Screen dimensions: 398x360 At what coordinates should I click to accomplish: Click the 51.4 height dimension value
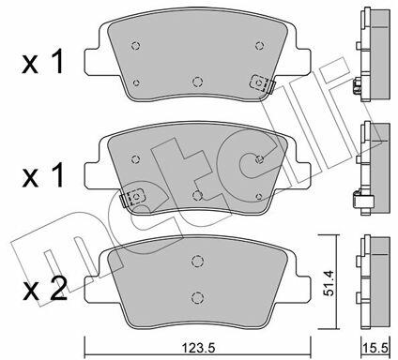tap(329, 284)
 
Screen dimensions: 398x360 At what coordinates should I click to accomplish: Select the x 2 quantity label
tap(44, 290)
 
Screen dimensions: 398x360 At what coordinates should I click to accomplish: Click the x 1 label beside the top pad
tap(43, 63)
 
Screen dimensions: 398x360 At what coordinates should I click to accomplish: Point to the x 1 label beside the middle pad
tap(43, 176)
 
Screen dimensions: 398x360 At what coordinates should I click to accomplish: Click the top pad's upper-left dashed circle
tap(135, 46)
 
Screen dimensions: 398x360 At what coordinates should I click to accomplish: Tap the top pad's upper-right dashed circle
tap(259, 46)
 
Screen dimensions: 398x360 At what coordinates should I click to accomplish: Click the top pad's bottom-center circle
tap(197, 82)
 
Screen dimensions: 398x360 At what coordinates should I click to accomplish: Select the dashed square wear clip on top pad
tap(259, 83)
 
